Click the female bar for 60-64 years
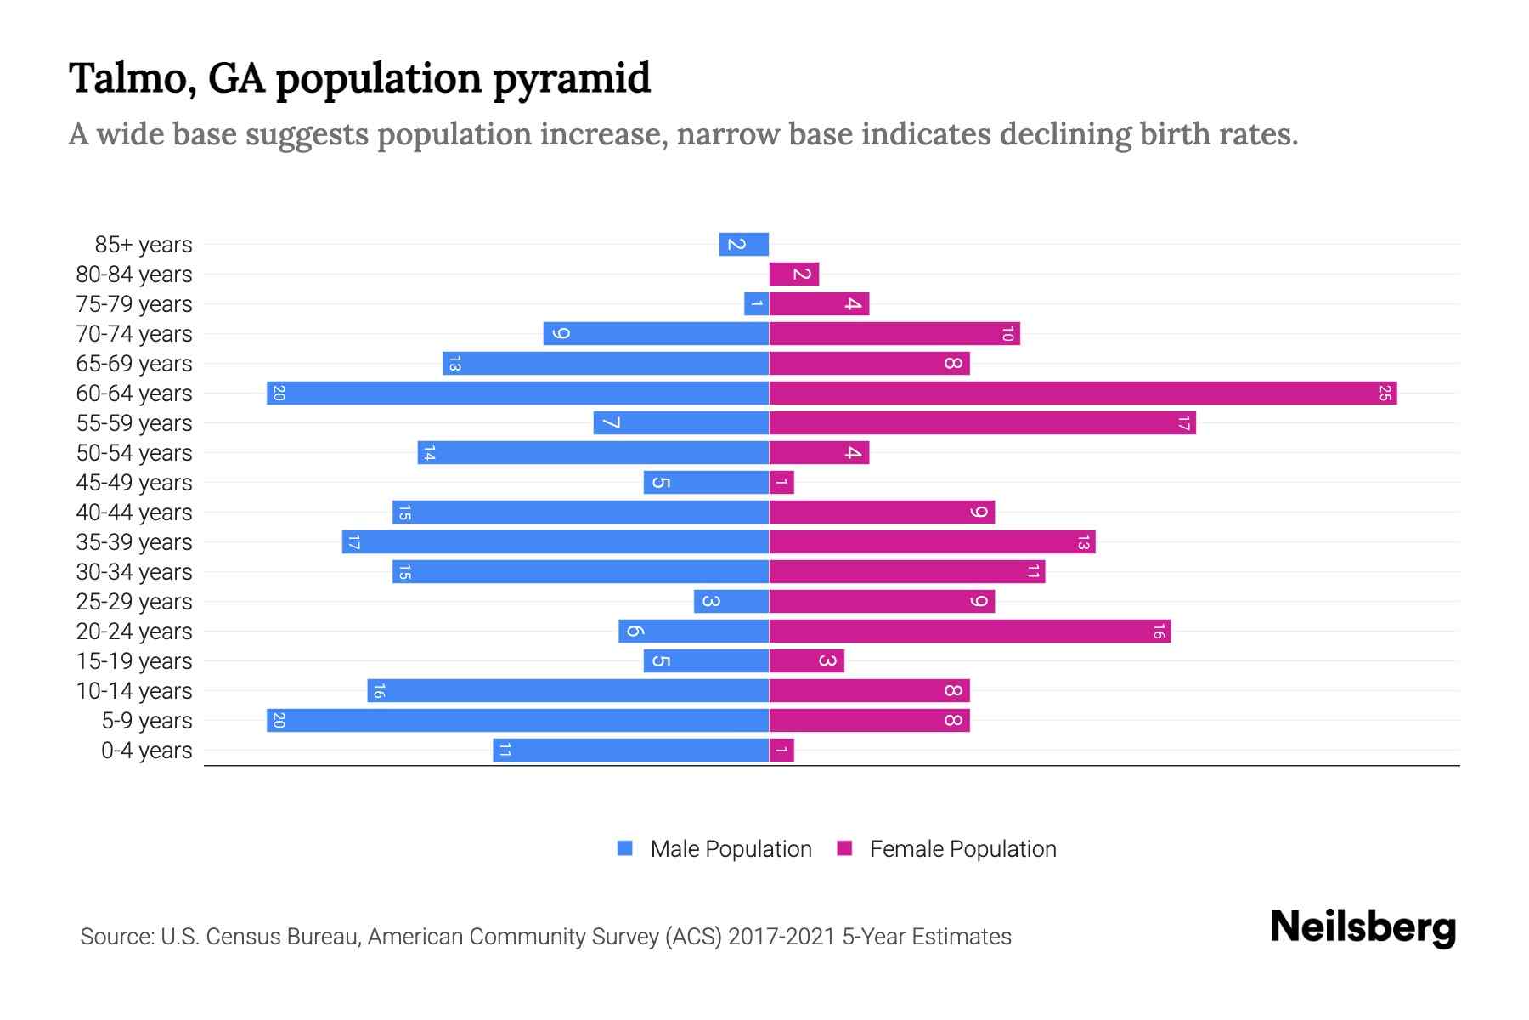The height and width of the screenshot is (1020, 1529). [1083, 393]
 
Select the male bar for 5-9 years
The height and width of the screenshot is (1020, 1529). [518, 720]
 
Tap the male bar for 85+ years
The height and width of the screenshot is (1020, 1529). [744, 244]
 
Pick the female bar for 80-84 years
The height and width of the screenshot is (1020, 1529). [794, 274]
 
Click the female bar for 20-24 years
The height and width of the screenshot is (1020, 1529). [969, 631]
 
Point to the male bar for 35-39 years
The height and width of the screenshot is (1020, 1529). [556, 541]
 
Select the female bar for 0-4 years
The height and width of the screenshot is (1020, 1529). [781, 750]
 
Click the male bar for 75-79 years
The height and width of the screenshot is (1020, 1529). [757, 303]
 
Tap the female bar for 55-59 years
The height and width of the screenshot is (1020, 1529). [982, 422]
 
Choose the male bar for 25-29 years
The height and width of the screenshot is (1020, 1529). [731, 601]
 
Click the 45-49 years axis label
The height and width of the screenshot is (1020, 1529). [134, 482]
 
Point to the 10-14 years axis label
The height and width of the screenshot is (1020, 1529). [134, 690]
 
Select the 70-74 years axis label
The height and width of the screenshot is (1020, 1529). [134, 333]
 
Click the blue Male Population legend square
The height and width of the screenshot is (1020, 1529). [625, 848]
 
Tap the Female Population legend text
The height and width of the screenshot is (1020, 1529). [962, 848]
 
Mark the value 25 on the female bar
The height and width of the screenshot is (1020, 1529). [1385, 393]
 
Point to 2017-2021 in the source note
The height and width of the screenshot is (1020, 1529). [781, 936]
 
